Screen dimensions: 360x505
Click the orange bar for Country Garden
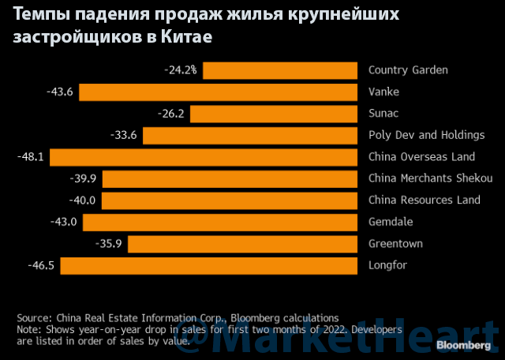(x=280, y=70)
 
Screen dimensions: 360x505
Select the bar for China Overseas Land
(x=203, y=157)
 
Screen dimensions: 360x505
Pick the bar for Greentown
(x=242, y=244)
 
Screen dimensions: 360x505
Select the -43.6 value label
(x=60, y=92)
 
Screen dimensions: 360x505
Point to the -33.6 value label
(x=124, y=136)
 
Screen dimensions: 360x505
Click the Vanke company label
(x=384, y=92)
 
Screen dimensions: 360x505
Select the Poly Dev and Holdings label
(x=426, y=135)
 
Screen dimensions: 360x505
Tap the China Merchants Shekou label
(x=430, y=178)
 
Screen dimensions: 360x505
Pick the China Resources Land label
(x=424, y=200)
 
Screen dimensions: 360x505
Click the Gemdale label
(x=391, y=222)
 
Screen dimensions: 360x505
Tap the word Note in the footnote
(x=29, y=329)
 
